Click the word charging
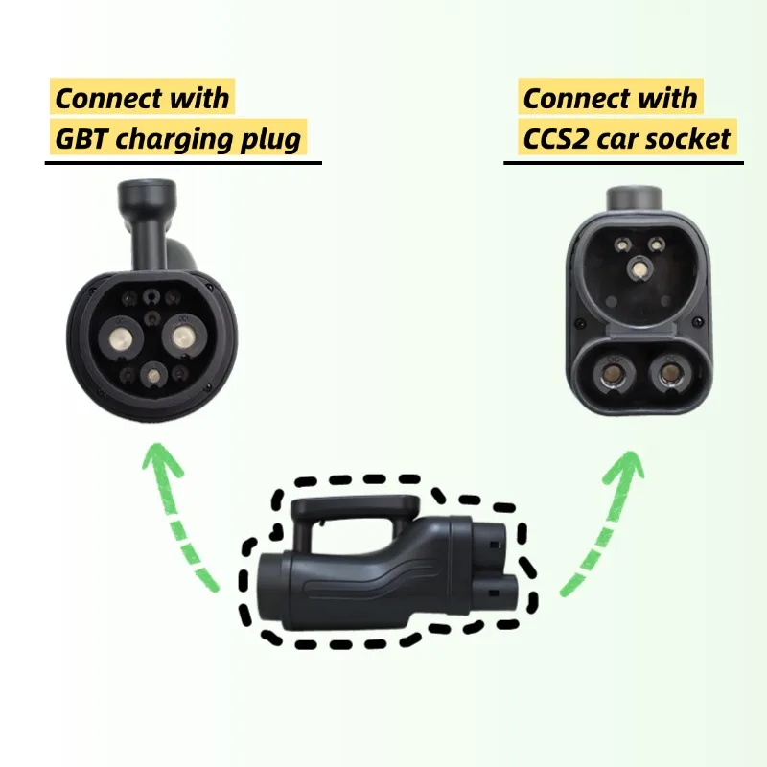[176, 140]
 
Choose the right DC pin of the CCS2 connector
[669, 375]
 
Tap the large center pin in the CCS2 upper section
[639, 270]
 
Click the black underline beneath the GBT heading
[182, 161]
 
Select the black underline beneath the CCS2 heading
[623, 161]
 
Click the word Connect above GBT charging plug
[105, 98]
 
